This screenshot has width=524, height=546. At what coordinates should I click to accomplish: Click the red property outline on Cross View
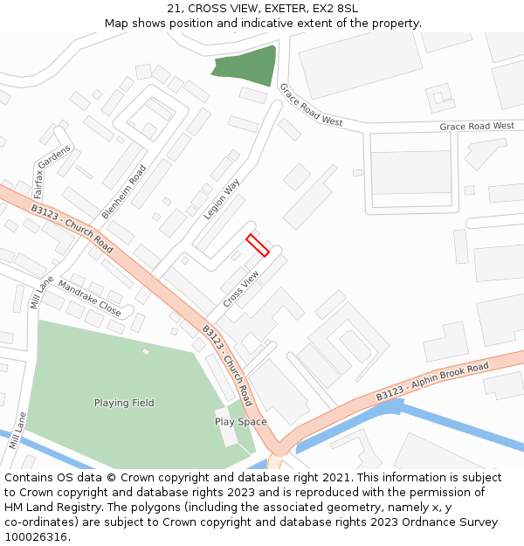pyautogui.click(x=258, y=245)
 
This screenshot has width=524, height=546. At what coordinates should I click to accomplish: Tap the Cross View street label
pyautogui.click(x=241, y=288)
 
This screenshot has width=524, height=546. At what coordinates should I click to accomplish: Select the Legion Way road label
pyautogui.click(x=222, y=200)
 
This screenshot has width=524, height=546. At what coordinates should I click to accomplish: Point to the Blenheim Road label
pyautogui.click(x=124, y=191)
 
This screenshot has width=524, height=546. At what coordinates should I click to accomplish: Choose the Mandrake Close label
pyautogui.click(x=89, y=297)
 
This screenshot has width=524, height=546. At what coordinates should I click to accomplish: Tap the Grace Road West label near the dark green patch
pyautogui.click(x=310, y=105)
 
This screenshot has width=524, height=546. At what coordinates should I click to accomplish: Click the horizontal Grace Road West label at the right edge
pyautogui.click(x=477, y=127)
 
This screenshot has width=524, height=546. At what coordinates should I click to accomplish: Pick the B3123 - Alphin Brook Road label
pyautogui.click(x=432, y=382)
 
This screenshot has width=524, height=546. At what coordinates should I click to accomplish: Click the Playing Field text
pyautogui.click(x=124, y=403)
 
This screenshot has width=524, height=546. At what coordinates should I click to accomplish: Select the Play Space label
pyautogui.click(x=240, y=422)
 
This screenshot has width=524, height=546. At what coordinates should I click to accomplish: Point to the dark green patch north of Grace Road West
pyautogui.click(x=246, y=66)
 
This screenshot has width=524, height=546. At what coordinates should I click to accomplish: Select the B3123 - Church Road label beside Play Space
pyautogui.click(x=227, y=365)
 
